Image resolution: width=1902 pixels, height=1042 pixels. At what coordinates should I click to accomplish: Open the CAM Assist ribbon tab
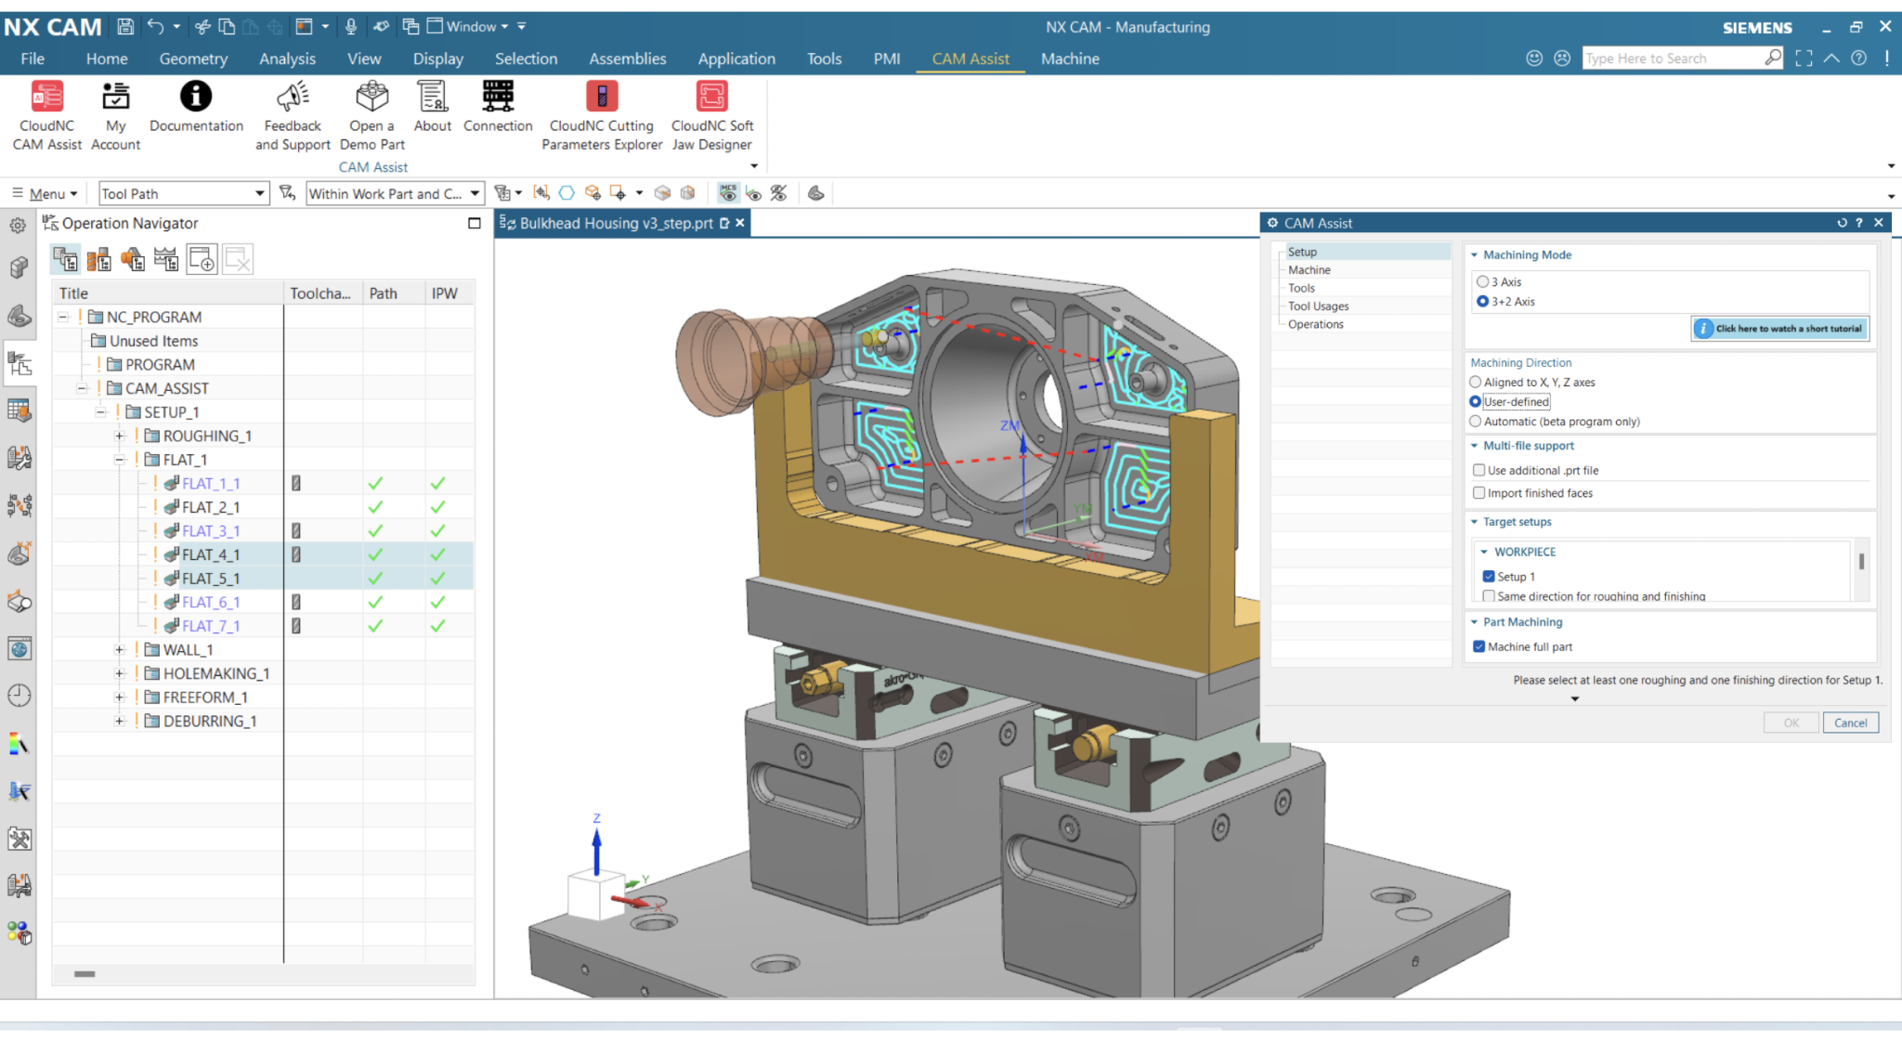point(970,59)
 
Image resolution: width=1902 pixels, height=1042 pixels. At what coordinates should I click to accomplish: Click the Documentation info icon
point(196,96)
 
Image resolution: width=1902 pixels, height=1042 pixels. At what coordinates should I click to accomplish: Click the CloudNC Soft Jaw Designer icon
point(712,96)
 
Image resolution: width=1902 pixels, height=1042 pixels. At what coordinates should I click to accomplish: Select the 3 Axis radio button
point(1482,281)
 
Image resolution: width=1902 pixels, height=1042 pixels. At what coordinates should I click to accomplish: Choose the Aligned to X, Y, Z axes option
point(1475,382)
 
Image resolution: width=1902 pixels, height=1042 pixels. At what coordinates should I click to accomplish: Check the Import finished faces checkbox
point(1479,493)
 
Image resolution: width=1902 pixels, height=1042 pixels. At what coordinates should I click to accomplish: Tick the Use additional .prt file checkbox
point(1479,470)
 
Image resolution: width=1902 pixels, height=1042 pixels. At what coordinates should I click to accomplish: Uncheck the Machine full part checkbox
point(1479,646)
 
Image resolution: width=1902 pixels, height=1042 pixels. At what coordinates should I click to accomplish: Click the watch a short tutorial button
point(1779,328)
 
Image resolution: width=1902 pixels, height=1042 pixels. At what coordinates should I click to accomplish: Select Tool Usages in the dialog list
point(1318,306)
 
